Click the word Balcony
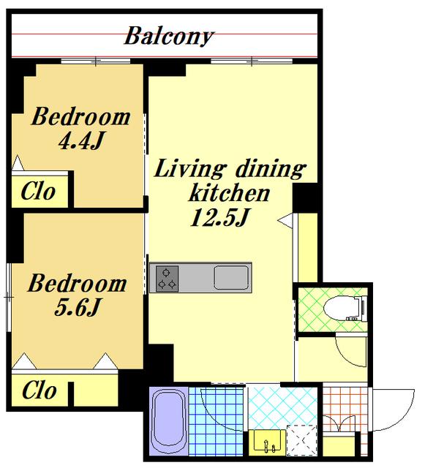click(x=169, y=37)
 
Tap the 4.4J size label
click(x=81, y=141)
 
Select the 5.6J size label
click(x=77, y=307)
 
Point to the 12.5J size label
click(x=219, y=217)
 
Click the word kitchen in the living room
click(x=229, y=193)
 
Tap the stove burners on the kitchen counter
click(x=167, y=279)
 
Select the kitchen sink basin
click(x=231, y=278)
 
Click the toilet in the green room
click(x=345, y=309)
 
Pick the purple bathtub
click(x=168, y=422)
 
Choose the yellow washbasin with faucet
click(x=267, y=441)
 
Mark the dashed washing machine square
click(x=302, y=440)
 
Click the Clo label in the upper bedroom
click(x=38, y=191)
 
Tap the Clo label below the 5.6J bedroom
click(x=39, y=390)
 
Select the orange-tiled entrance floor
click(x=344, y=409)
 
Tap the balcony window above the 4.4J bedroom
click(x=96, y=61)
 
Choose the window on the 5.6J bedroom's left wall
click(x=9, y=298)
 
